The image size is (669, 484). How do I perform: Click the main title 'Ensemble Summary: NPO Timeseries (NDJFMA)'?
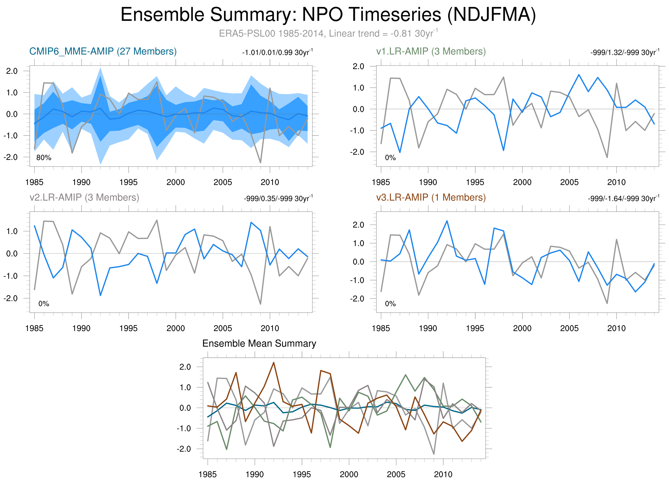pyautogui.click(x=328, y=15)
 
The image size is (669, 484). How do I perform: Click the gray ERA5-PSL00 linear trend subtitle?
pyautogui.click(x=328, y=33)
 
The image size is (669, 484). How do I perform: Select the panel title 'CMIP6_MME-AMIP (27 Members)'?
pyautogui.click(x=103, y=51)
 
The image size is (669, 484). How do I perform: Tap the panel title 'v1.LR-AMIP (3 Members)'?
pyautogui.click(x=431, y=51)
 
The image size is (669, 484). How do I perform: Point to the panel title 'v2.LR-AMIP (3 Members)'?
pyautogui.click(x=84, y=197)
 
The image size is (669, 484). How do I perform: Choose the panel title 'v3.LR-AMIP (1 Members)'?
pyautogui.click(x=431, y=197)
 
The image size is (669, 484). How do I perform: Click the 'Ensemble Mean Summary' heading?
pyautogui.click(x=259, y=344)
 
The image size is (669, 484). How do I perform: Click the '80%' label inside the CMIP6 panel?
pyautogui.click(x=44, y=158)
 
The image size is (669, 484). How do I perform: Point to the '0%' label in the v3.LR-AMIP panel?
pyautogui.click(x=390, y=304)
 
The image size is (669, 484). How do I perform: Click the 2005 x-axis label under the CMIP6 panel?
pyautogui.click(x=223, y=182)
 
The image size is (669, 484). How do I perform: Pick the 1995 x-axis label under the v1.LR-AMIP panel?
pyautogui.click(x=475, y=182)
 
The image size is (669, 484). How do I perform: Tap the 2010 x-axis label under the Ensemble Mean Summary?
pyautogui.click(x=443, y=474)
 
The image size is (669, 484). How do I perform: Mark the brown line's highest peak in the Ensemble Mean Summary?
pyautogui.click(x=273, y=363)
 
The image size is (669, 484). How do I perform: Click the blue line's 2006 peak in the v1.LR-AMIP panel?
pyautogui.click(x=579, y=75)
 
